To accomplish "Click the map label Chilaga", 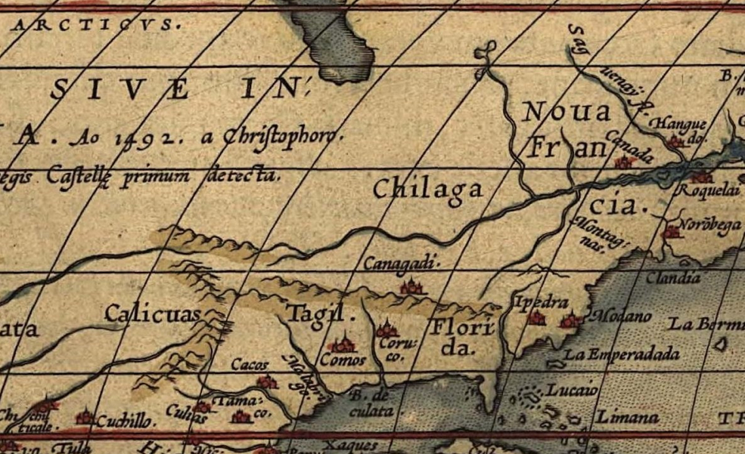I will [x=427, y=189].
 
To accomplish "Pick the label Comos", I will [x=343, y=360].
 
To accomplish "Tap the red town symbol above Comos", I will [x=345, y=343].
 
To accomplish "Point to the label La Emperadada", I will [x=622, y=354].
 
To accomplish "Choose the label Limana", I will [x=627, y=417].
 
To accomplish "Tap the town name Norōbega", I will [x=709, y=225].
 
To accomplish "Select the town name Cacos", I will [x=250, y=365].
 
